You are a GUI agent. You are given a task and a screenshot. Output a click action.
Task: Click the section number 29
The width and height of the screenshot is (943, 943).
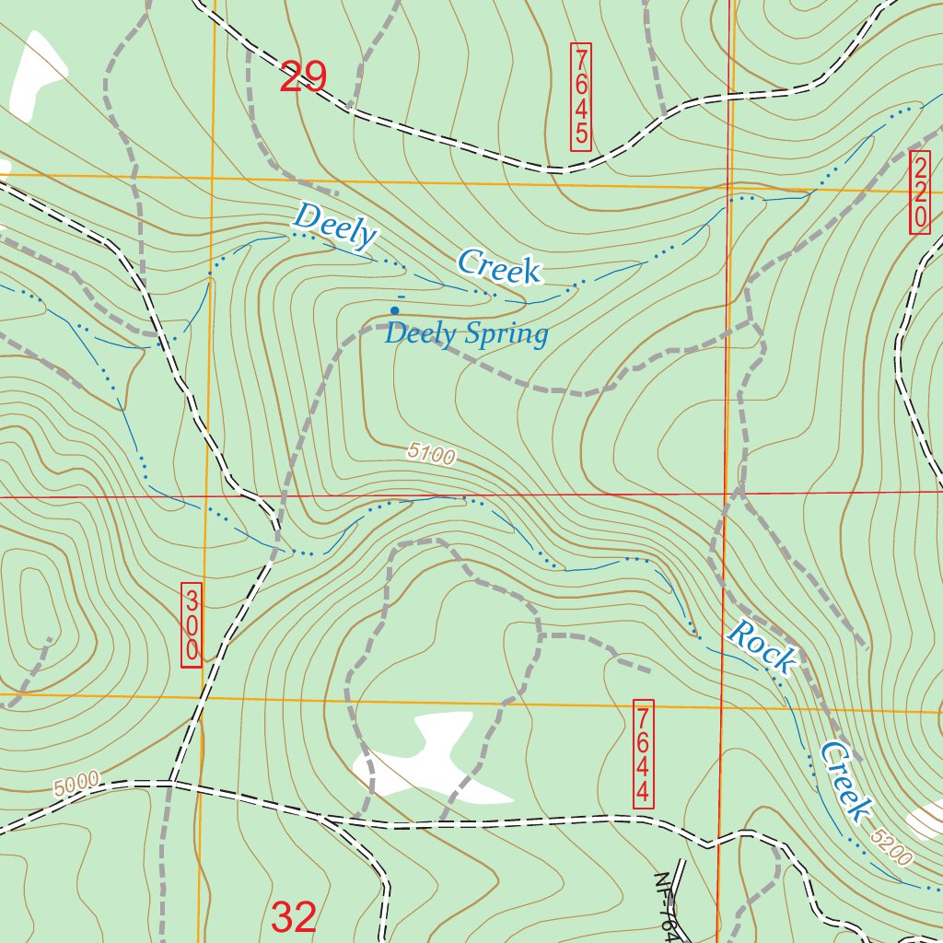[x=303, y=77]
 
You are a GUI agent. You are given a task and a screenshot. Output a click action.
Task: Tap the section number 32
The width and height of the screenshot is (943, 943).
[x=294, y=917]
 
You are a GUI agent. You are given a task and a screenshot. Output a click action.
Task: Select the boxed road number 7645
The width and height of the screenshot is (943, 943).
[x=581, y=97]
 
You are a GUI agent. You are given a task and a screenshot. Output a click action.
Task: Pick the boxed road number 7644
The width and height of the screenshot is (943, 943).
[x=644, y=754]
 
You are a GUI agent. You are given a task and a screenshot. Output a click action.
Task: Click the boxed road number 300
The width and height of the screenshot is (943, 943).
[x=192, y=626]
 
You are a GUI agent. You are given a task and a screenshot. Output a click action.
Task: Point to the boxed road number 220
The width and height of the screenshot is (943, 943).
[x=920, y=192]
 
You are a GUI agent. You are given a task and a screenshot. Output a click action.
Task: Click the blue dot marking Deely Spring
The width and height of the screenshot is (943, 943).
[x=395, y=310]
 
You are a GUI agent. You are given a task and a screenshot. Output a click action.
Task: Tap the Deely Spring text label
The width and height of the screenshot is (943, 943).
[x=466, y=333]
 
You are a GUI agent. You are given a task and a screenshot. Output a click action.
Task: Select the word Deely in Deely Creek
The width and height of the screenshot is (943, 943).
[x=334, y=226]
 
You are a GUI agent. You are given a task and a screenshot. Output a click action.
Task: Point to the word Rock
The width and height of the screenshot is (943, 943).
[x=762, y=646]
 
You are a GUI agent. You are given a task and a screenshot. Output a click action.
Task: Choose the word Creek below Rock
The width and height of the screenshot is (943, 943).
[x=845, y=781]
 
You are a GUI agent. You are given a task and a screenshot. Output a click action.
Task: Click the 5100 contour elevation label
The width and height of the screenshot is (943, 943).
[x=432, y=453]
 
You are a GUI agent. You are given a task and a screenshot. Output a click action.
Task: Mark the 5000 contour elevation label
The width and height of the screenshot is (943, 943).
[x=76, y=785]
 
